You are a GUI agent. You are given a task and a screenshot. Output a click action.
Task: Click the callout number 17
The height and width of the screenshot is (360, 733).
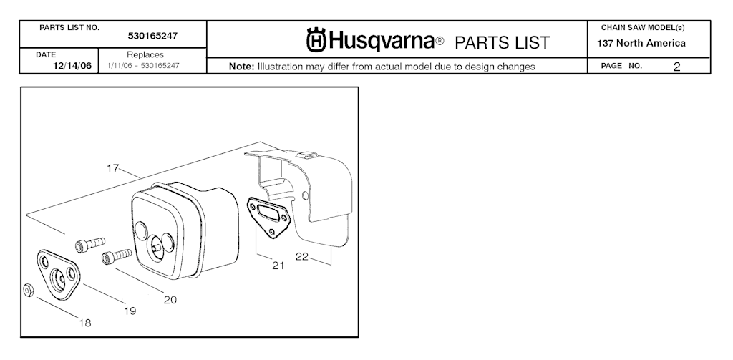[112, 168]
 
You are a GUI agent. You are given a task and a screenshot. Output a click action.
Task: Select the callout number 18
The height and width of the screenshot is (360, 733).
[85, 323]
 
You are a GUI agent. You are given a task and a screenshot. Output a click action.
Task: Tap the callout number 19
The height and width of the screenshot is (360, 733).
[130, 311]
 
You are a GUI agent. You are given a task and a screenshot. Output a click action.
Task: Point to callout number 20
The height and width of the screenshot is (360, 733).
[170, 300]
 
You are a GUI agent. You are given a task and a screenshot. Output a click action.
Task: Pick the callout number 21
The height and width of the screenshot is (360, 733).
[278, 266]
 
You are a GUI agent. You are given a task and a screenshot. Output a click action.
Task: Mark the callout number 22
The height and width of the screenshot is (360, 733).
[302, 256]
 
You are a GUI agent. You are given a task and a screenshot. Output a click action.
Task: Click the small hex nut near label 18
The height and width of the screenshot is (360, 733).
[28, 291]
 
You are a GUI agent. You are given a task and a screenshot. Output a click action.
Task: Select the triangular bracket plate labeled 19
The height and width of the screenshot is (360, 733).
[58, 274]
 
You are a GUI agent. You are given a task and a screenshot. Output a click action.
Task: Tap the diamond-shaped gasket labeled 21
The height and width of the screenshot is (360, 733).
[269, 217]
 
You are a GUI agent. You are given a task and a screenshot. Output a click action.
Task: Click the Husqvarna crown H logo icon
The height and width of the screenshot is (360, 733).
[316, 40]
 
